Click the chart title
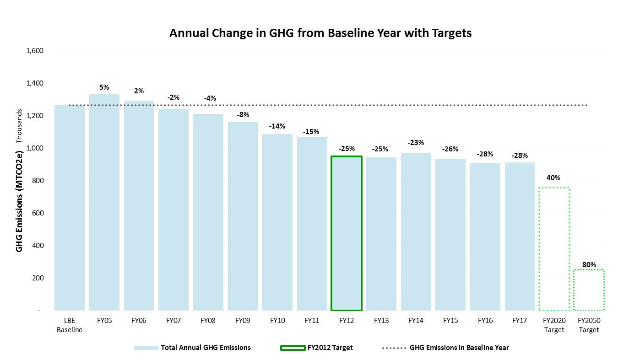[320, 33]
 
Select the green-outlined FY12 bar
[346, 156]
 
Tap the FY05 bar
[104, 202]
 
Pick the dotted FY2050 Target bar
[589, 270]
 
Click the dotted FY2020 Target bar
[554, 188]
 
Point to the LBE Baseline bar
[70, 208]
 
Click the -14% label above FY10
[277, 126]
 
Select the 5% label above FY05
[104, 87]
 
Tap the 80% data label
[589, 264]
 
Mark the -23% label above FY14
[416, 143]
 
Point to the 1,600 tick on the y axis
[35, 51]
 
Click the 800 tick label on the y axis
[38, 181]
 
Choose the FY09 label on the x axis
[243, 321]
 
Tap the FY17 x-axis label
[520, 321]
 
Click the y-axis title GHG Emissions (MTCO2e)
[19, 201]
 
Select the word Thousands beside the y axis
[19, 126]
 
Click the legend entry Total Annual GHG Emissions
[192, 348]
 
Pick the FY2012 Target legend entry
[316, 348]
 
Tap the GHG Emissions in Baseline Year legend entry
[445, 348]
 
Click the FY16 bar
[485, 237]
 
